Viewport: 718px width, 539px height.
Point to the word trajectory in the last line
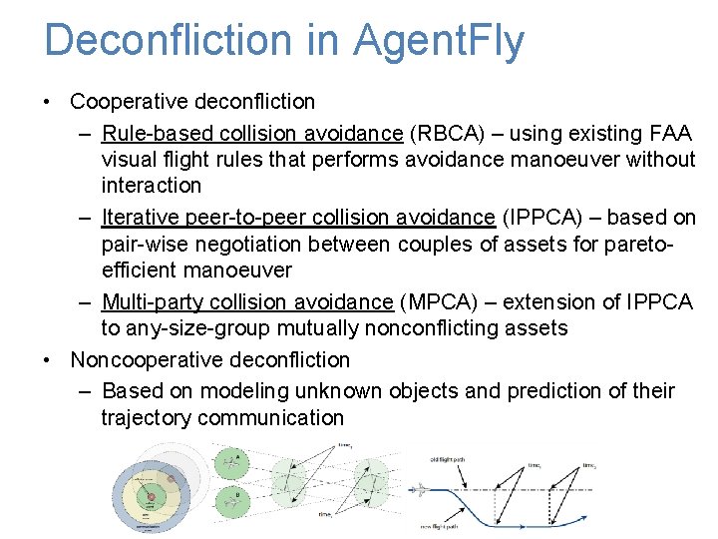point(146,418)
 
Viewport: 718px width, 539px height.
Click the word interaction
point(151,186)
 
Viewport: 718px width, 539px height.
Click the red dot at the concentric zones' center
point(152,496)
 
